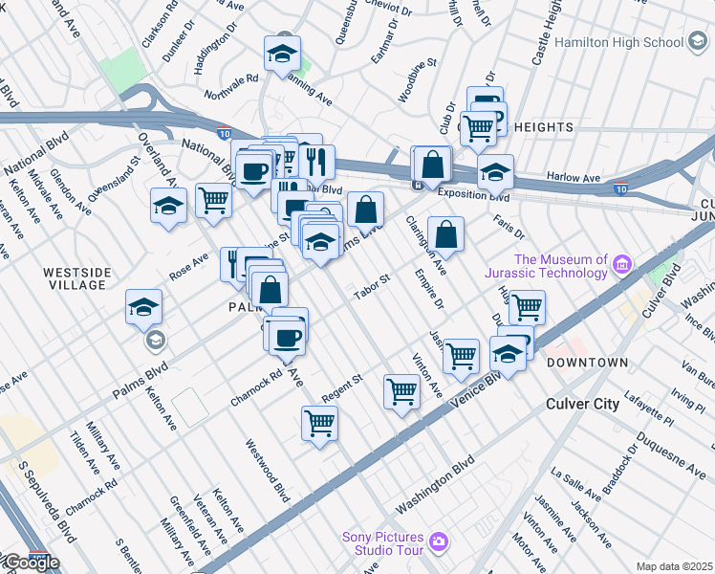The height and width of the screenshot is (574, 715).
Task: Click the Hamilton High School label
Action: click(611, 42)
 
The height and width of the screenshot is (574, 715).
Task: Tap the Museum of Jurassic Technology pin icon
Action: click(622, 263)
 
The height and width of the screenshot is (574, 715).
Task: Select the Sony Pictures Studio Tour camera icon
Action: click(439, 542)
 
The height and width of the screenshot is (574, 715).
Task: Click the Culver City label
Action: click(582, 404)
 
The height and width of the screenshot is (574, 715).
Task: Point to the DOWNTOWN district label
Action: click(587, 363)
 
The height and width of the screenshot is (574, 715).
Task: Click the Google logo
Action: click(31, 563)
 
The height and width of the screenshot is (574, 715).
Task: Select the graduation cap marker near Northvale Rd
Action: click(282, 54)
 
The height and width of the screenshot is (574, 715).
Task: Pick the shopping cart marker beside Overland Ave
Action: click(213, 201)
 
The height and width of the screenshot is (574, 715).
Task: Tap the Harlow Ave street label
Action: click(573, 177)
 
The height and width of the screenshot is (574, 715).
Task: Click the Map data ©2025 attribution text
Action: click(674, 566)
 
